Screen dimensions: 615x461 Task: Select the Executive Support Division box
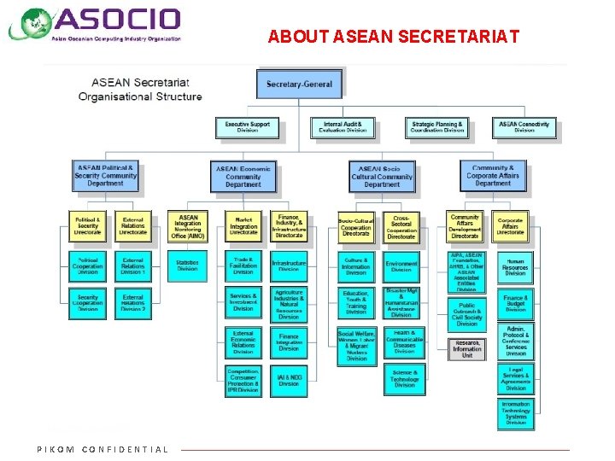[247, 127]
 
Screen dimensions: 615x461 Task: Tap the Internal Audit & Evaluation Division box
[343, 127]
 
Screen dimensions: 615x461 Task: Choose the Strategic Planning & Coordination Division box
[437, 127]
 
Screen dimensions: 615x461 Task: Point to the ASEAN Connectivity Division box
[524, 127]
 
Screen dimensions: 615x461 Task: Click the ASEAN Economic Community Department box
[243, 177]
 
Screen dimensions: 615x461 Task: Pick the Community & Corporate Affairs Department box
[493, 176]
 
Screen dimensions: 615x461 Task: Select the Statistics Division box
[187, 266]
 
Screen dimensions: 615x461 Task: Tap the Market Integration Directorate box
[243, 225]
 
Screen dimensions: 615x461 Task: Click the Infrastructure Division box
[289, 266]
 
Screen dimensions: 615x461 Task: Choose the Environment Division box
[401, 266]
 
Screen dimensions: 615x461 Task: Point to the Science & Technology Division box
[404, 379]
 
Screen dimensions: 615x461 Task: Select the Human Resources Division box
[515, 267]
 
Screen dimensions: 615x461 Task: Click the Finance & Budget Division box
[515, 303]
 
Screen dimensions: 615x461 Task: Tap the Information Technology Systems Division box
[515, 413]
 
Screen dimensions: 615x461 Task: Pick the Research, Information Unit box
[467, 348]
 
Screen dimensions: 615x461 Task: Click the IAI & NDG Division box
[289, 381]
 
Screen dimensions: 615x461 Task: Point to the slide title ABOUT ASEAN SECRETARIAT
[393, 38]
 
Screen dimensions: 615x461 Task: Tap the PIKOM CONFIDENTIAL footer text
[102, 449]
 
